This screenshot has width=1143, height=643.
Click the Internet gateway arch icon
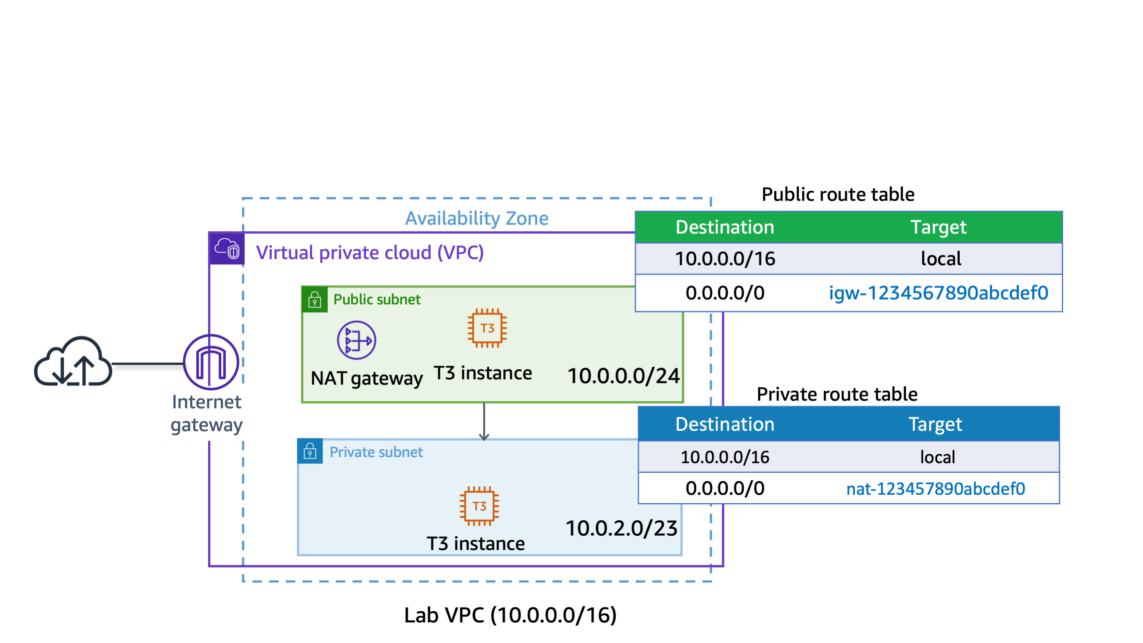point(211,362)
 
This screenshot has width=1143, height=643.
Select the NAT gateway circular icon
point(356,340)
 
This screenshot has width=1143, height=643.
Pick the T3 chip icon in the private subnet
point(479,506)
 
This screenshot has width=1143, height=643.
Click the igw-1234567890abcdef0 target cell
point(938,293)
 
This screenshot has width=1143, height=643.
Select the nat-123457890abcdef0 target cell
point(935,489)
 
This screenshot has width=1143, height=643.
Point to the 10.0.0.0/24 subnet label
point(624,376)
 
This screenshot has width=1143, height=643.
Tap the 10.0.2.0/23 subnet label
point(621,528)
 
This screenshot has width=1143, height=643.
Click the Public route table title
point(838,194)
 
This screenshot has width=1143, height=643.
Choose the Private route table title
point(837,394)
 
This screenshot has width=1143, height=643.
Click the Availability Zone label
point(476,218)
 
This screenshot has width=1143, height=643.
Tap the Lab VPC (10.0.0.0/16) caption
point(510,615)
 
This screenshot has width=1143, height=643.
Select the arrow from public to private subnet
point(484,422)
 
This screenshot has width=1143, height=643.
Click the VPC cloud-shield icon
point(227,249)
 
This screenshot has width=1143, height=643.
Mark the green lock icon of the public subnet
point(314,300)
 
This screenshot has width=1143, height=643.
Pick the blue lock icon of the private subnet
point(310,452)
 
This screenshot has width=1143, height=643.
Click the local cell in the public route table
point(941,259)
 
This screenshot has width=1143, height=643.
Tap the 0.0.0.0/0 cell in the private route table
point(725,489)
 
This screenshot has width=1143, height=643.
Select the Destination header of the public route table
point(725,227)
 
